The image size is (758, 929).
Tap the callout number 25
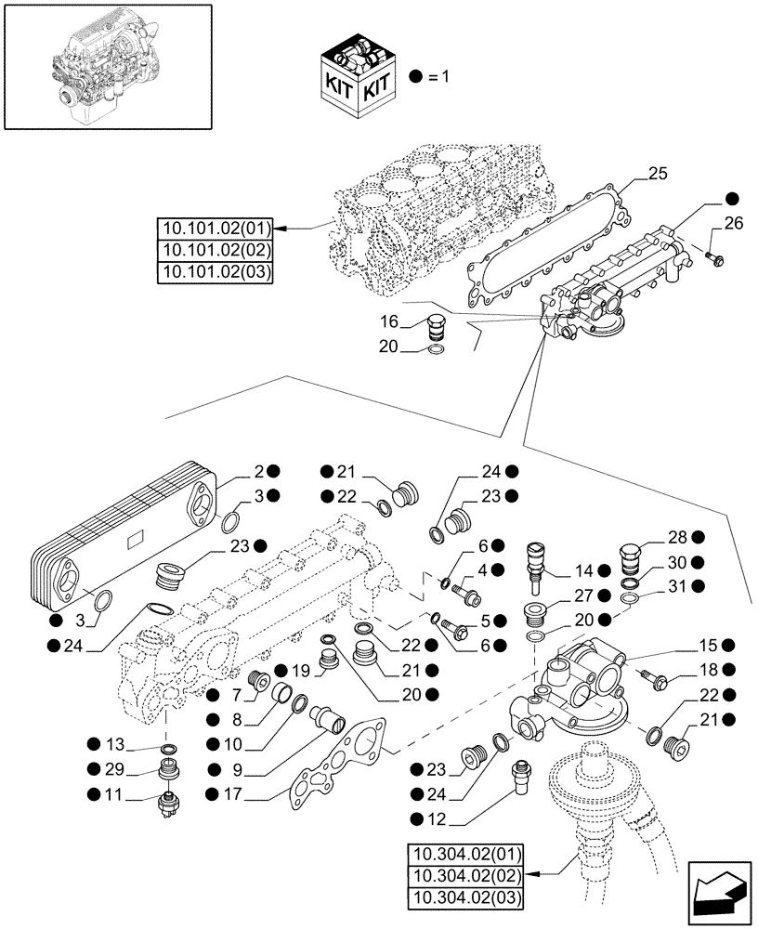[658, 174]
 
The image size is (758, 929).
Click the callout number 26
[734, 223]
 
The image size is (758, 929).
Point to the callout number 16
[387, 322]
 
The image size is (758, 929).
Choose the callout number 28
[676, 537]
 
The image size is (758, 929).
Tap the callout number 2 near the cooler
[261, 471]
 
